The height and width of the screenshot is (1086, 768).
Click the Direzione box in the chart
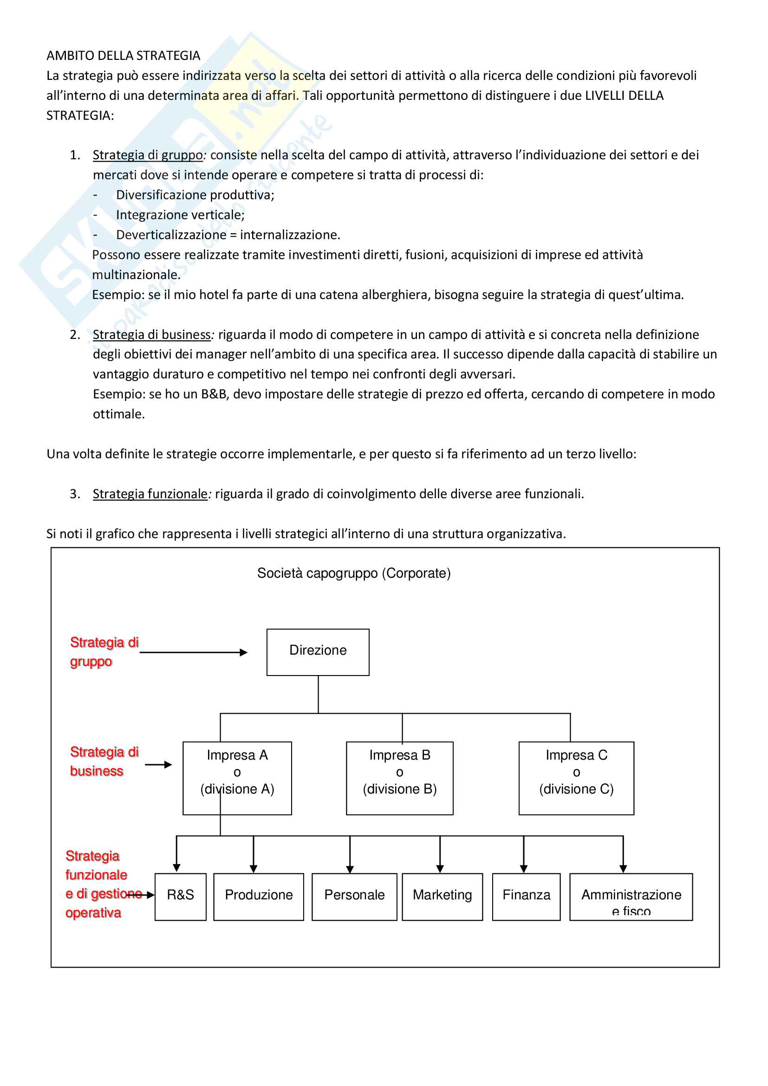(x=318, y=652)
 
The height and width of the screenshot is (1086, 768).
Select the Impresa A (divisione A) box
(x=237, y=778)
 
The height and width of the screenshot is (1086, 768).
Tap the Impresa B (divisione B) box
(x=400, y=778)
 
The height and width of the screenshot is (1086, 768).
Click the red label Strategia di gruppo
(x=104, y=652)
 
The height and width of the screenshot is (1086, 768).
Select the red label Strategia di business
(x=104, y=761)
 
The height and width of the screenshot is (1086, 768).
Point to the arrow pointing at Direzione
(x=194, y=653)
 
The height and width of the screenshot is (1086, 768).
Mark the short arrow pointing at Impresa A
(x=158, y=765)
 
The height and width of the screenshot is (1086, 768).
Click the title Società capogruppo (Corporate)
(x=354, y=573)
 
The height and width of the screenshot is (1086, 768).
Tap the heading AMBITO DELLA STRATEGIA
(x=124, y=56)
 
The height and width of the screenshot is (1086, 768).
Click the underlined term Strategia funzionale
(x=150, y=494)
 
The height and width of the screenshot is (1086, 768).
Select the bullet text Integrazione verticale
(x=180, y=215)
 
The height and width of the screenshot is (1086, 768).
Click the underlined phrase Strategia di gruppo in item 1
(x=148, y=155)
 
